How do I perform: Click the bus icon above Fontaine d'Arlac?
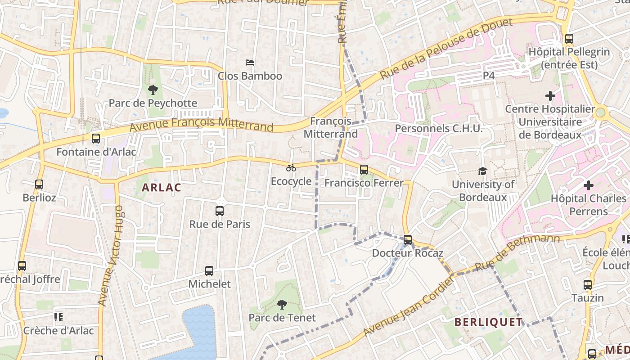coord(96,139)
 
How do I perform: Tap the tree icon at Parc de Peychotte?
coord(153,90)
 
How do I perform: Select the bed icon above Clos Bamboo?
coord(250,62)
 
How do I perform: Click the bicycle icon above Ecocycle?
coord(291,168)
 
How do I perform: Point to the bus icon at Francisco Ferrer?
coord(364,170)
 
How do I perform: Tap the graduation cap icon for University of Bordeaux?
coord(482,171)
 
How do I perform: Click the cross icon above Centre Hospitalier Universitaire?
coord(550,95)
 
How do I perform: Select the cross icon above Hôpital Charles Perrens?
coord(588,185)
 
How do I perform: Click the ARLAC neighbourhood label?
coord(162,188)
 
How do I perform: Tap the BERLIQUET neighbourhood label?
coord(488,322)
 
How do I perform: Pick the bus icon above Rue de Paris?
coord(220,211)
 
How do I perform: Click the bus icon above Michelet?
coord(209,271)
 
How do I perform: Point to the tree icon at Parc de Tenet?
coord(282,305)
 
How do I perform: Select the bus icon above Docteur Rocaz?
coord(408,240)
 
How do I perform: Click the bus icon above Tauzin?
coord(588,284)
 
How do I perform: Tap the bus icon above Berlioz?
coord(39,184)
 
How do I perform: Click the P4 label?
coord(489,76)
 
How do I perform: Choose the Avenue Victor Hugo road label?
coord(110,256)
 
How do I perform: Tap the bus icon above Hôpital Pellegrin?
coord(569,39)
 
